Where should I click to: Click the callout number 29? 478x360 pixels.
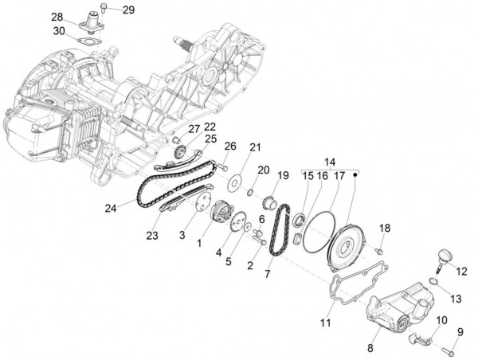128,10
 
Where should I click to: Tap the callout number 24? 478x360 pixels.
111,209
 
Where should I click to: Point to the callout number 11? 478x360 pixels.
325,323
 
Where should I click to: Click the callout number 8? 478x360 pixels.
370,347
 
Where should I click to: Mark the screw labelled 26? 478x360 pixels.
224,169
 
